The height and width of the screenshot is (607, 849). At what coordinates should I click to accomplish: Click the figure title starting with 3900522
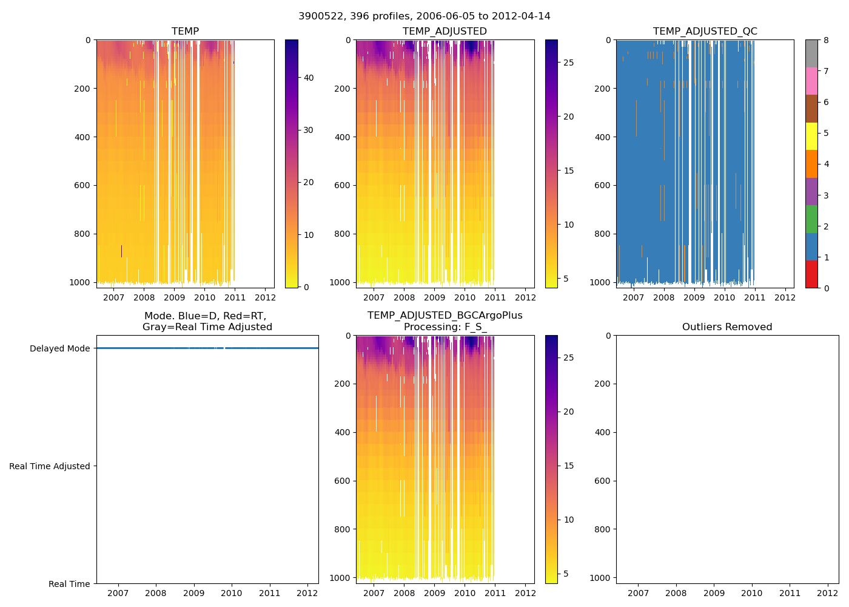point(424,16)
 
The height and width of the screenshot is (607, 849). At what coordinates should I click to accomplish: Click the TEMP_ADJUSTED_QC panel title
point(705,32)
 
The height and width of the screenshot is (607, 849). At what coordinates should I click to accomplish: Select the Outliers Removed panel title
point(727,327)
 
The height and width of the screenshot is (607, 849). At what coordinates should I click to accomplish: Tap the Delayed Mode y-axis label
point(59,348)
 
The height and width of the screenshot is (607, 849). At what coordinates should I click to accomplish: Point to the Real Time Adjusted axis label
point(50,466)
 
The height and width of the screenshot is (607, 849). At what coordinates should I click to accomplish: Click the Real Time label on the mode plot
point(69,584)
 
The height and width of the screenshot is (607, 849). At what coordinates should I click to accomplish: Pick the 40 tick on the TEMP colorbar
point(308,78)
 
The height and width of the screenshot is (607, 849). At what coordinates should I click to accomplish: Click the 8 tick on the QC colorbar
point(826,40)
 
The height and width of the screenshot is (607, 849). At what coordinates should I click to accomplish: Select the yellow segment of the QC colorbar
point(811,137)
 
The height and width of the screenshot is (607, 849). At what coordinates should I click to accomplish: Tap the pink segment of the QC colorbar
point(811,81)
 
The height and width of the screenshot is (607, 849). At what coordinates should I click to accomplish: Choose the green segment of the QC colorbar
point(811,219)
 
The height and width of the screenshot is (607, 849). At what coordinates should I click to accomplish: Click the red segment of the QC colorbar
point(811,274)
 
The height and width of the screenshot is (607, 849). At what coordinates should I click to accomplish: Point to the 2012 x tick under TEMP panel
point(265,297)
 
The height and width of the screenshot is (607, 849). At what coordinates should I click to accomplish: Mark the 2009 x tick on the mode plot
point(193,593)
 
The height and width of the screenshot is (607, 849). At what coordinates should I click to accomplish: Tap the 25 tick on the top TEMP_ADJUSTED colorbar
point(568,63)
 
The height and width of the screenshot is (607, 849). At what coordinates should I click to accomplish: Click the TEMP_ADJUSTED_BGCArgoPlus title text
point(445,316)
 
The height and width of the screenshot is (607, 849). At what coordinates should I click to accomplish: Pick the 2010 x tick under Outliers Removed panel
point(752,593)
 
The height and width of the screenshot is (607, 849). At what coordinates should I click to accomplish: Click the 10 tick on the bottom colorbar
point(568,520)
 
